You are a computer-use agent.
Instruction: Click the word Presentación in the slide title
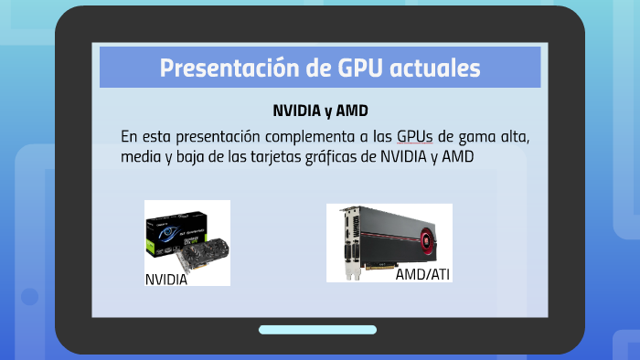pyautogui.click(x=219, y=68)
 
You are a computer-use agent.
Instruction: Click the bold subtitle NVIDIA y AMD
pyautogui.click(x=320, y=111)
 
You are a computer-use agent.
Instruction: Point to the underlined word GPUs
pyautogui.click(x=415, y=136)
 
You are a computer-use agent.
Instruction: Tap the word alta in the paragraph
pyautogui.click(x=515, y=136)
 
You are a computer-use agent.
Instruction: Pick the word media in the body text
pyautogui.click(x=140, y=157)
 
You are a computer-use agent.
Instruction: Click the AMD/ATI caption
pyautogui.click(x=422, y=273)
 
